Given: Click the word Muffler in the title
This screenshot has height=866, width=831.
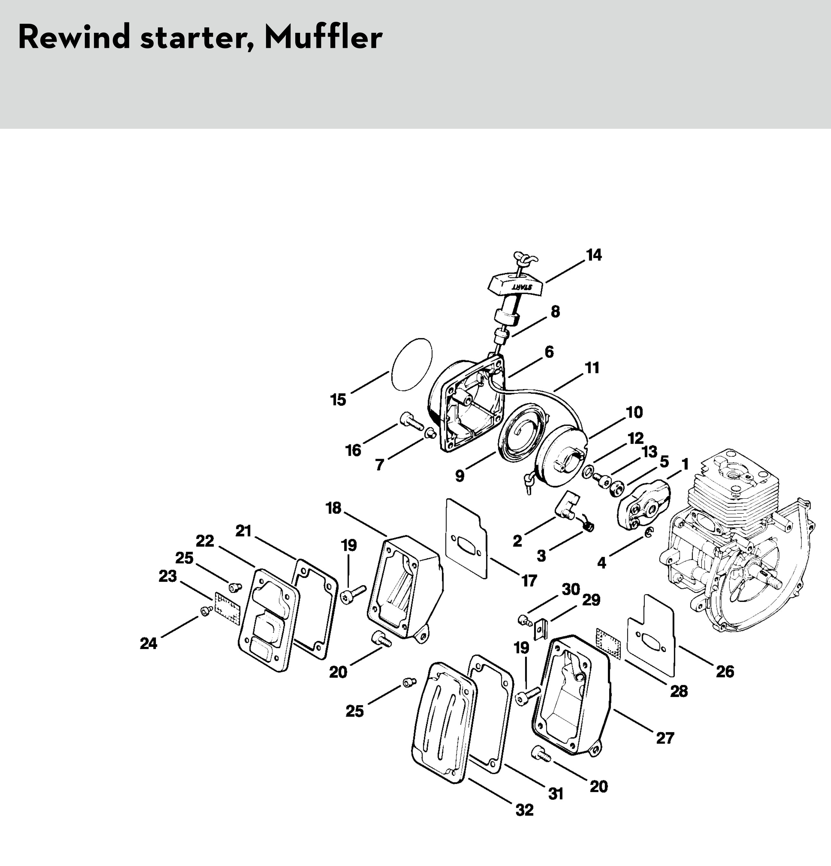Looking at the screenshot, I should pyautogui.click(x=323, y=38).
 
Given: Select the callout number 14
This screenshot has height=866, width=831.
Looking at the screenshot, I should pyautogui.click(x=594, y=255).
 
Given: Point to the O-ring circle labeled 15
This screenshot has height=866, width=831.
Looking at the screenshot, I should pyautogui.click(x=411, y=364).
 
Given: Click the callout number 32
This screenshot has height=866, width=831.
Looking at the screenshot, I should pyautogui.click(x=525, y=809).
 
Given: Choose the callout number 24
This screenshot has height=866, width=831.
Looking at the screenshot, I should pyautogui.click(x=149, y=644).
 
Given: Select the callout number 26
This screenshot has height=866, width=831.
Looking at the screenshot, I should pyautogui.click(x=725, y=672).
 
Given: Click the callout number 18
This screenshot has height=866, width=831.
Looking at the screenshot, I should pyautogui.click(x=334, y=508).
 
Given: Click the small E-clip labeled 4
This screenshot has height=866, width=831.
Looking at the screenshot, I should pyautogui.click(x=648, y=533).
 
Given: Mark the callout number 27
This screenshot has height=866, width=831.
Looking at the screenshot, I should pyautogui.click(x=665, y=738).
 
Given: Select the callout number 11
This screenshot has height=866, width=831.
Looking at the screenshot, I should pyautogui.click(x=592, y=368).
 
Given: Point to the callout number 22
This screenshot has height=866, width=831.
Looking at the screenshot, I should pyautogui.click(x=205, y=541).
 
